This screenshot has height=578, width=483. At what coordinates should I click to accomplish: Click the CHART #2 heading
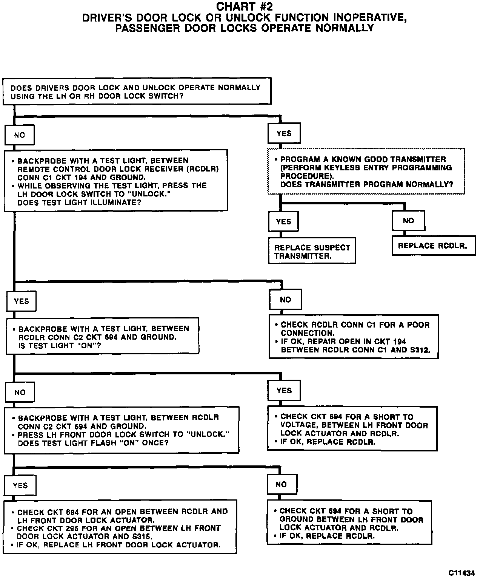pos(244,7)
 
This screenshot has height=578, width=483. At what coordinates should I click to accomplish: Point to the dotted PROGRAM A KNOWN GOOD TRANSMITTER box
pos(366,172)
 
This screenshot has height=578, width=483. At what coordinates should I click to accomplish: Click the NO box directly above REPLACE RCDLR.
pos(408,221)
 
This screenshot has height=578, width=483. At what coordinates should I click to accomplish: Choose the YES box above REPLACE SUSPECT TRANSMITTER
pos(283,221)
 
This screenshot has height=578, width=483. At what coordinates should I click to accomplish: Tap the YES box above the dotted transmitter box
pos(284,133)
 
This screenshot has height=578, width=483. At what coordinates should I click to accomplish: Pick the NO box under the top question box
pos(20,135)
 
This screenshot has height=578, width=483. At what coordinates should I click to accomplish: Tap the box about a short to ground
pos(349,523)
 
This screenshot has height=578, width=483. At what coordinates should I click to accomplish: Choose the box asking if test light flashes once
pos(122,430)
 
